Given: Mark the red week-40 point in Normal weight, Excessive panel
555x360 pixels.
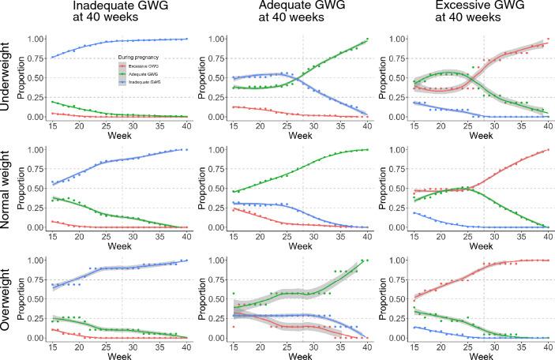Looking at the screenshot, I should coord(541,150).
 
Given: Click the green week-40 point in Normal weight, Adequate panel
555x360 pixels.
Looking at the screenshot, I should coord(356,150).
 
